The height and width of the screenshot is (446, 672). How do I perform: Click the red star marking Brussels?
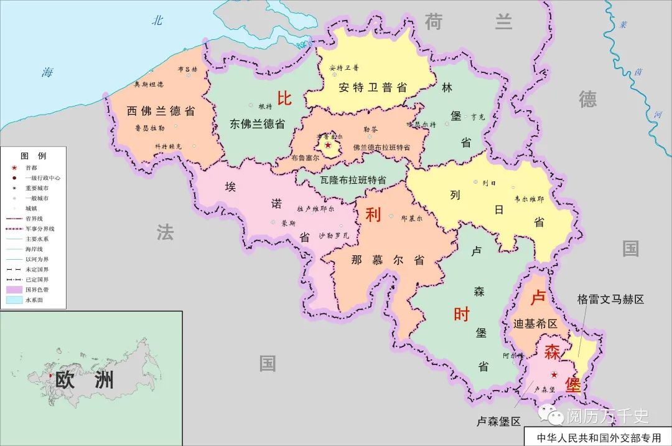click(x=328, y=145)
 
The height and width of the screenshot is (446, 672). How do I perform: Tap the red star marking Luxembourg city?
click(x=554, y=375)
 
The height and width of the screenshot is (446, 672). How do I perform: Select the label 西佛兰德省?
click(x=161, y=111)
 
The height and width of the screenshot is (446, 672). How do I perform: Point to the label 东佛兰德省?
click(x=257, y=123)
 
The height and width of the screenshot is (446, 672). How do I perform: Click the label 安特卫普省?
click(x=373, y=87)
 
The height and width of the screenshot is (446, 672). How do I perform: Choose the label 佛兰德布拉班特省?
click(x=381, y=148)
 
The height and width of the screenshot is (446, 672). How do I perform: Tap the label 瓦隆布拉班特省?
click(x=353, y=179)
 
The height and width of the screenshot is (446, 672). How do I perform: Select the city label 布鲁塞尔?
click(x=305, y=158)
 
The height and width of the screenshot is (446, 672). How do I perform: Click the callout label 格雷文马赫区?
click(x=610, y=300)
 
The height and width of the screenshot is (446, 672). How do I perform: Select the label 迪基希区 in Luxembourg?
click(x=536, y=324)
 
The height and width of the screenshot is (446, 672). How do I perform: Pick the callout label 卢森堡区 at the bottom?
click(x=498, y=421)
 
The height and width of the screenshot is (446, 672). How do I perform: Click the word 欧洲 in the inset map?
click(x=85, y=379)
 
